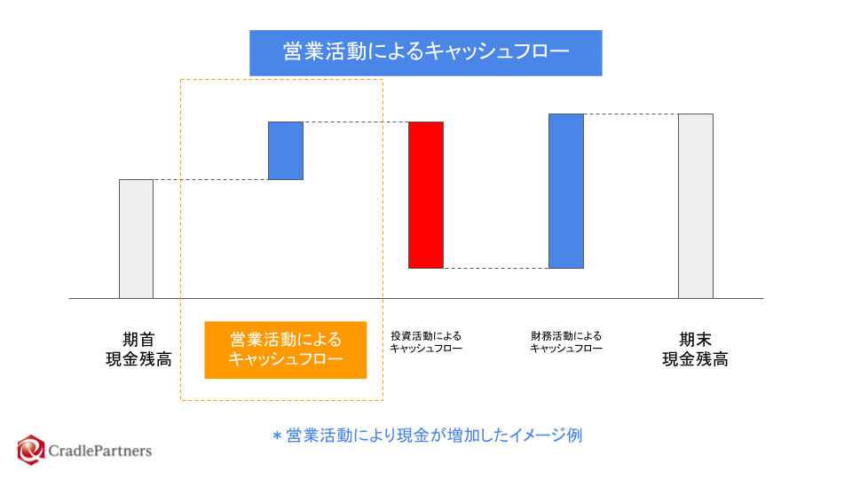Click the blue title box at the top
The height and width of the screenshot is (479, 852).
click(x=425, y=52)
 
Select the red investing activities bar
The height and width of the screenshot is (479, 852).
click(x=425, y=194)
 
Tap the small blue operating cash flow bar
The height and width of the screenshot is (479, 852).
click(x=286, y=150)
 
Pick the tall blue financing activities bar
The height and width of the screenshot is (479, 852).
click(x=565, y=191)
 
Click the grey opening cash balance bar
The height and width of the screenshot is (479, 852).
click(x=136, y=238)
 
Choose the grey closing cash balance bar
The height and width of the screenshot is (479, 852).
click(x=695, y=206)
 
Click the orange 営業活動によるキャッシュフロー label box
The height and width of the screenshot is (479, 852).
click(x=285, y=349)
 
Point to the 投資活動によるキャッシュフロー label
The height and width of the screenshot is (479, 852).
click(x=426, y=342)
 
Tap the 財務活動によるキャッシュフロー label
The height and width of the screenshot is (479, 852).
click(x=566, y=342)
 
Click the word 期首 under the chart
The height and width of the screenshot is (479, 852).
click(x=138, y=339)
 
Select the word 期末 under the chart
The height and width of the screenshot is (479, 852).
click(x=695, y=339)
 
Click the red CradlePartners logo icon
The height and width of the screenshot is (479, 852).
click(x=31, y=450)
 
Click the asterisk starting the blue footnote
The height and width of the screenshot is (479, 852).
click(x=276, y=436)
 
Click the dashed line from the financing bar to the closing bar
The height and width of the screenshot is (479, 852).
click(x=631, y=114)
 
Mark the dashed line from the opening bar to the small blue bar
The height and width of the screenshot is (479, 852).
click(x=211, y=179)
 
